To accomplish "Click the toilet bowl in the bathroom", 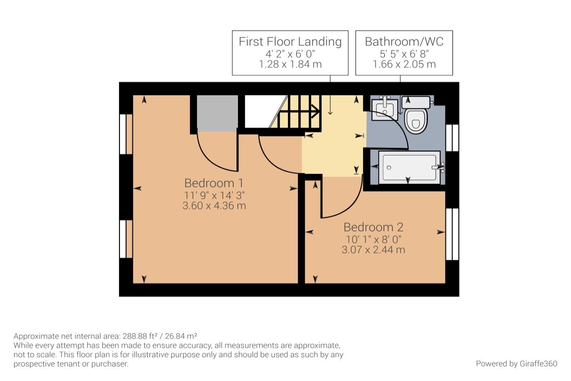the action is tap(416, 121).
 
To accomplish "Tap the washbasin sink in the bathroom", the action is tap(384, 110).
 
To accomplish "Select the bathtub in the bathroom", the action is tap(409, 168).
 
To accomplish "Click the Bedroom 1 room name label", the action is tap(214, 183).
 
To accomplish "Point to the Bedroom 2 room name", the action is tap(374, 227).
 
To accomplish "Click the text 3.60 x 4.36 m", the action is tap(214, 206).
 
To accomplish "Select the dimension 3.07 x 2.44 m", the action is tap(374, 250).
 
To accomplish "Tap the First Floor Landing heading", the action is tap(290, 41).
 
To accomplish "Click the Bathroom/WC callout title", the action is tap(404, 41).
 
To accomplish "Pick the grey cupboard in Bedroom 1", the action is tap(217, 113).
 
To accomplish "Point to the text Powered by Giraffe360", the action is tap(516, 364).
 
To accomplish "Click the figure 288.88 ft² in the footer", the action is tap(140, 336).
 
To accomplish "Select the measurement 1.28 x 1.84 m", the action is tap(290, 64).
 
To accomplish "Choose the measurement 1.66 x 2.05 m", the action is tap(404, 64).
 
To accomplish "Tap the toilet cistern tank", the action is tap(416, 102).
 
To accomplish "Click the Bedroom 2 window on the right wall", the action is tap(452, 234).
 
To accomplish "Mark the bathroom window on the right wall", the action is tap(452, 138).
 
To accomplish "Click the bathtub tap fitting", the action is tap(439, 168).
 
